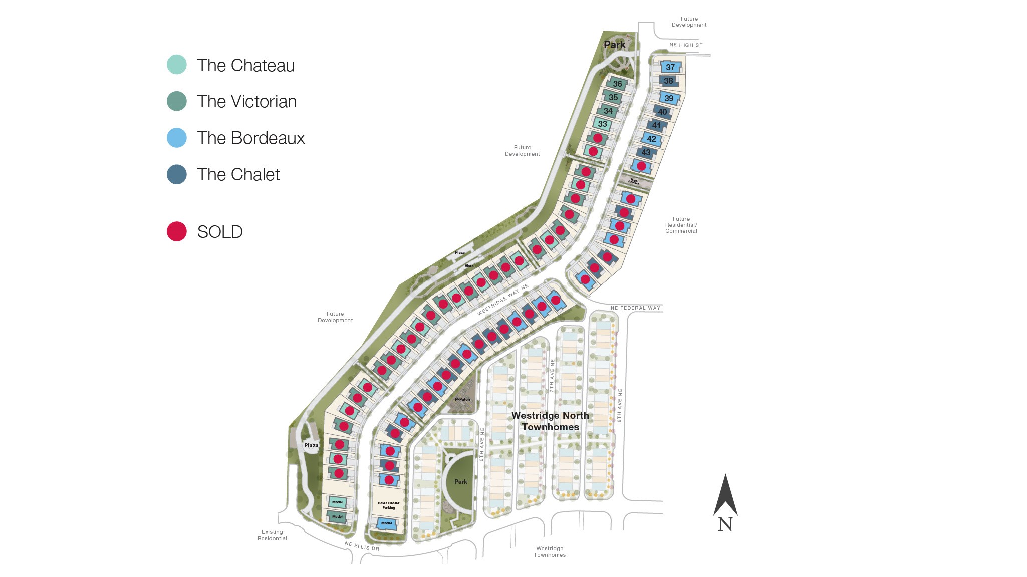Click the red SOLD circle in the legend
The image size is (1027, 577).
point(176,231)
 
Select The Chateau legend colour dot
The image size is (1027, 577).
point(176,65)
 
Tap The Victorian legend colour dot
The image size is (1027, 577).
point(176,101)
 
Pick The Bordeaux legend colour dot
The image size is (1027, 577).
point(176,138)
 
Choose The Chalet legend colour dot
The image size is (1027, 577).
point(176,174)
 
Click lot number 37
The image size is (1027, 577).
point(670,67)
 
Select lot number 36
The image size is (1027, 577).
point(617,84)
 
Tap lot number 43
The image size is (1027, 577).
point(646,152)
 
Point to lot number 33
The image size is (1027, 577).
point(602,124)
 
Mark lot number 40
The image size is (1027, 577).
point(662,112)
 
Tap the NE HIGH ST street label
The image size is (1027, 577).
point(686,45)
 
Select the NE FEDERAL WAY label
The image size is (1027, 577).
point(635,308)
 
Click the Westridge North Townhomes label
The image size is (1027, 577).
point(550,421)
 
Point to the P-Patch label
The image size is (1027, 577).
point(462,399)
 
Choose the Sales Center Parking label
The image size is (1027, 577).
point(389,505)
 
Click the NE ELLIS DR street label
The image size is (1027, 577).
point(362,546)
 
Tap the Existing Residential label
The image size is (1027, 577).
point(272,535)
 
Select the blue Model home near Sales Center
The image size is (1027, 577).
point(387,523)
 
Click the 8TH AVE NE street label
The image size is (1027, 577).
point(620,405)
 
